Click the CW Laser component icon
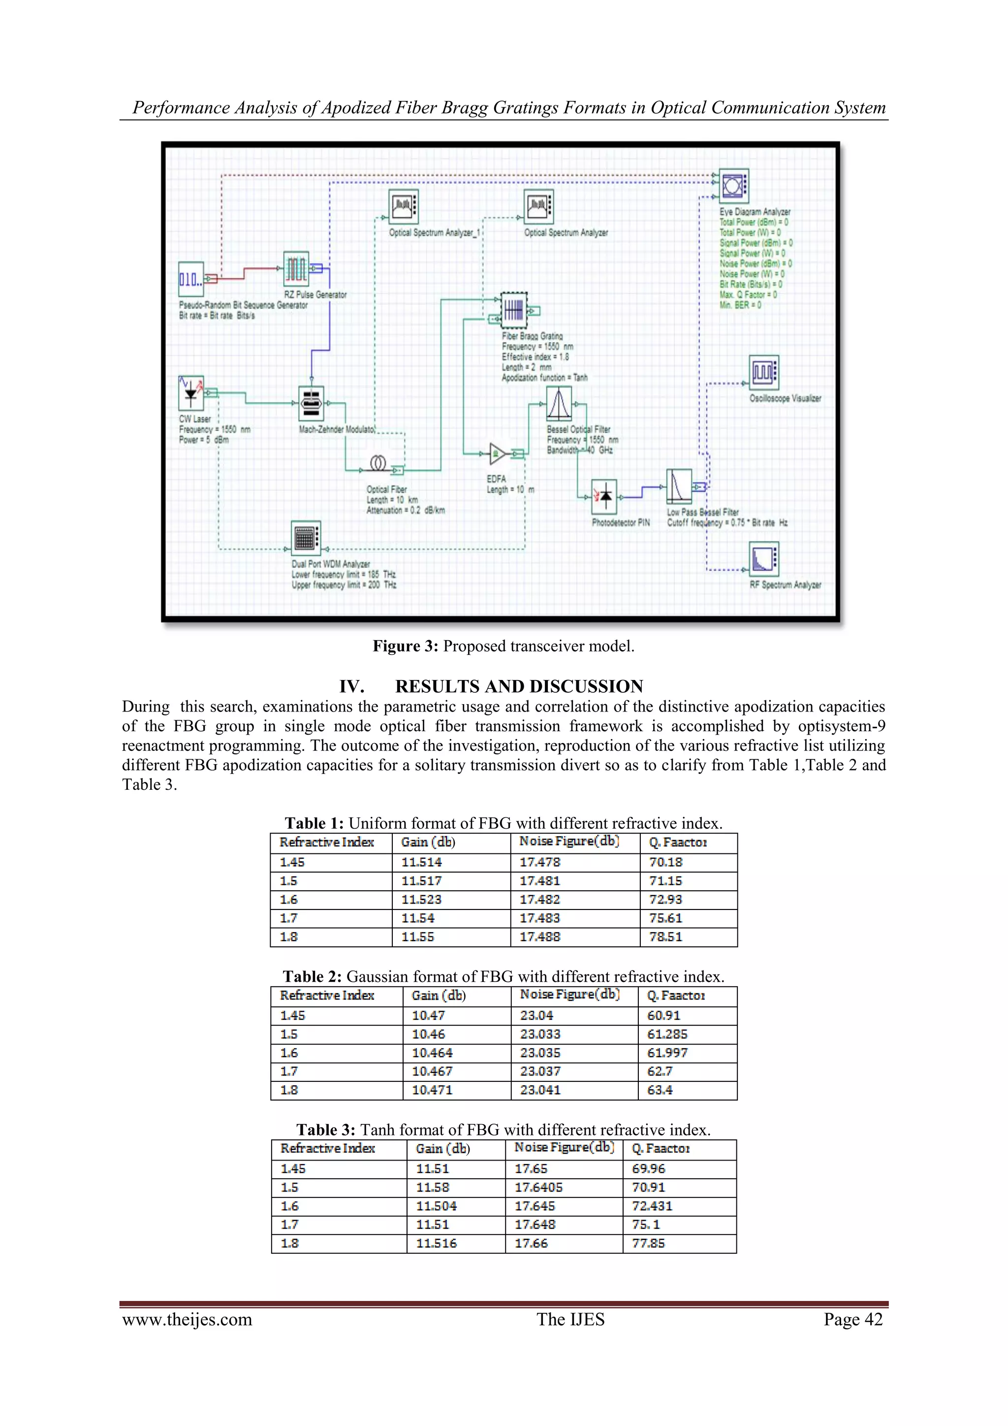[x=191, y=392]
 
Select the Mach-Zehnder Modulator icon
[x=311, y=404]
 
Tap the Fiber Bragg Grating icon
[x=513, y=310]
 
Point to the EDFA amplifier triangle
[x=497, y=454]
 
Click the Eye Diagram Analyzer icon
[x=734, y=186]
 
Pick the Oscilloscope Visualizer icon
[x=763, y=372]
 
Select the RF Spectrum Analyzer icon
[x=763, y=559]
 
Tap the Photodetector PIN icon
[x=604, y=496]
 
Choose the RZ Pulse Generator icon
[x=296, y=269]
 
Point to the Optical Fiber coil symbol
[x=378, y=463]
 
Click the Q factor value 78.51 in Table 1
[x=665, y=937]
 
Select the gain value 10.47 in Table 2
[x=428, y=1015]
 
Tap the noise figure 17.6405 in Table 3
[x=539, y=1188]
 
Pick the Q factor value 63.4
[x=660, y=1090]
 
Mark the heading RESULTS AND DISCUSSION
[x=519, y=686]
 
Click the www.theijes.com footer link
[x=188, y=1320]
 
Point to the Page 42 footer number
[x=853, y=1320]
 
